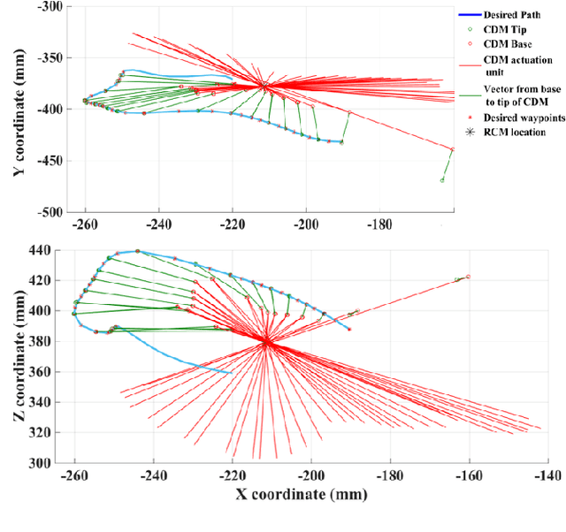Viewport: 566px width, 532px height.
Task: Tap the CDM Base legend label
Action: [503, 42]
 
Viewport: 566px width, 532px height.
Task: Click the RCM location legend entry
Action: [513, 133]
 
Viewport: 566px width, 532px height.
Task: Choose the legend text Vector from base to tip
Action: [514, 95]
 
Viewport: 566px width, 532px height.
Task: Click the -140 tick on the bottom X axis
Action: [548, 475]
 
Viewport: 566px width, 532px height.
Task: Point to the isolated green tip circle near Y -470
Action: [442, 180]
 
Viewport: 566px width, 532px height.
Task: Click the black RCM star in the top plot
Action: [264, 85]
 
